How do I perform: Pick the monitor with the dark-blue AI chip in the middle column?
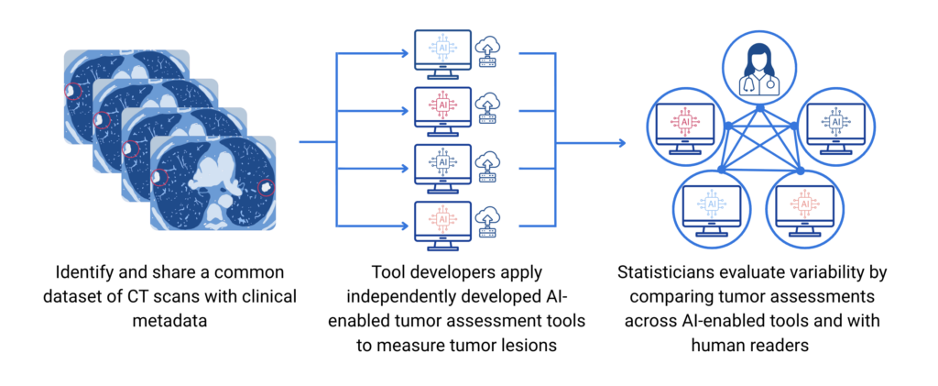[x=442, y=163]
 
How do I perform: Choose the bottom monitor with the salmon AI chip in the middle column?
[x=442, y=221]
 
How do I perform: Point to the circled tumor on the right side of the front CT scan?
[x=266, y=186]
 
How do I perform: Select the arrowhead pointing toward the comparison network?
[x=621, y=142]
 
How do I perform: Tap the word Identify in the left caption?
[x=88, y=272]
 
